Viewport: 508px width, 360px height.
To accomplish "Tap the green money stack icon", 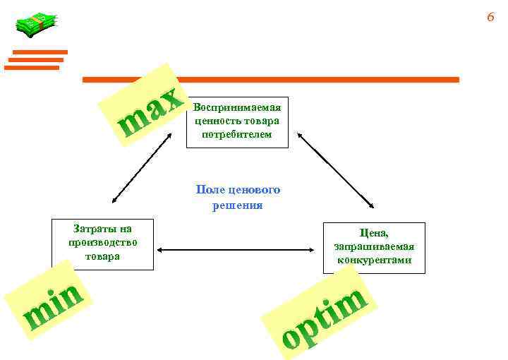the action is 34,25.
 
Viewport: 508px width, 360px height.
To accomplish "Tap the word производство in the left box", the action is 103,242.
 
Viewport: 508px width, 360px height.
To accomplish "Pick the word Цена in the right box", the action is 373,233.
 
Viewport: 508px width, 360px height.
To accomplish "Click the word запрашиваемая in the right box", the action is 374,246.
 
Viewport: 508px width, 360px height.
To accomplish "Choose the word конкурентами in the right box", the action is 374,260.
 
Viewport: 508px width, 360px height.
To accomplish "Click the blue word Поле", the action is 210,190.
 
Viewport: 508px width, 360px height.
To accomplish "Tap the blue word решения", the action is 237,205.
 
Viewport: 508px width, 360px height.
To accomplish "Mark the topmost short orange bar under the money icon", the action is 40,52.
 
